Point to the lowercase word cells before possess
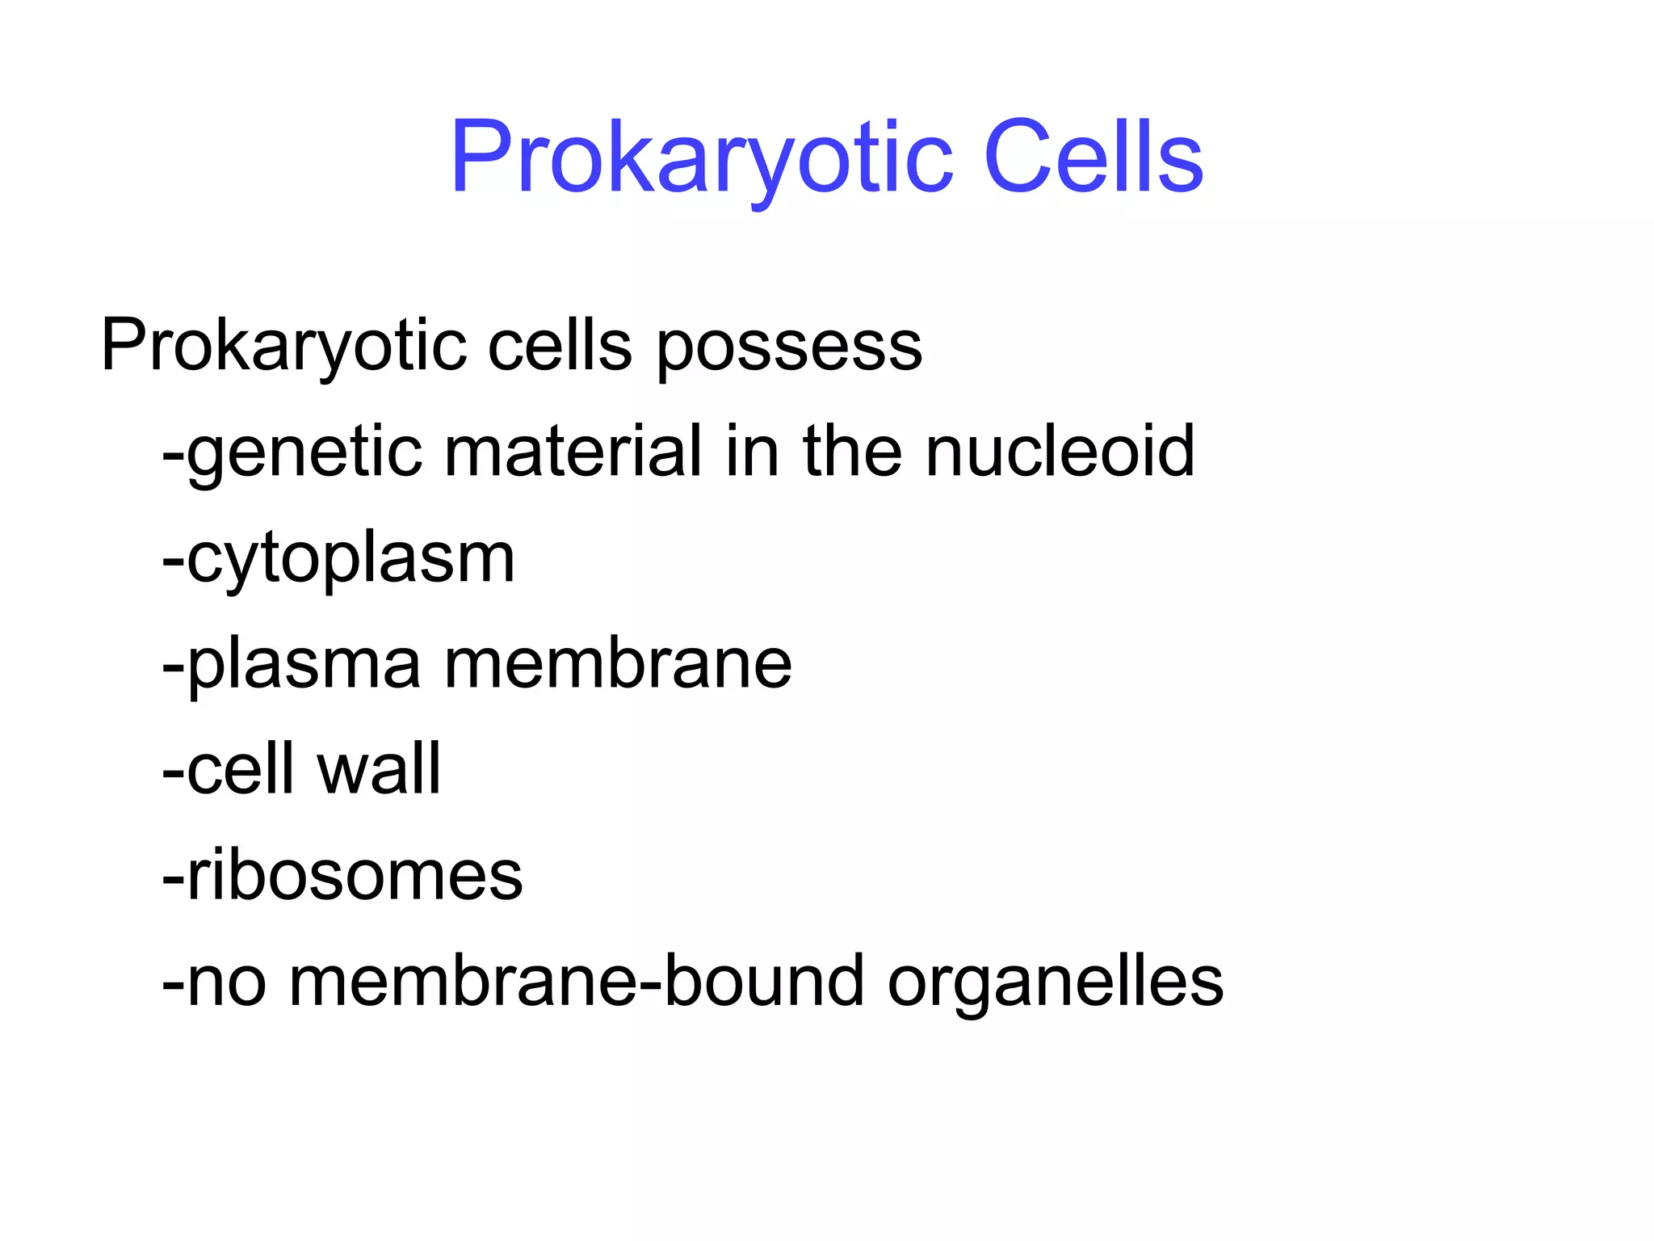tap(560, 346)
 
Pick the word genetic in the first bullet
tap(304, 452)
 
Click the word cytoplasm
tap(351, 559)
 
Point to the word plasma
tap(304, 665)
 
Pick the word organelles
tap(1055, 982)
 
